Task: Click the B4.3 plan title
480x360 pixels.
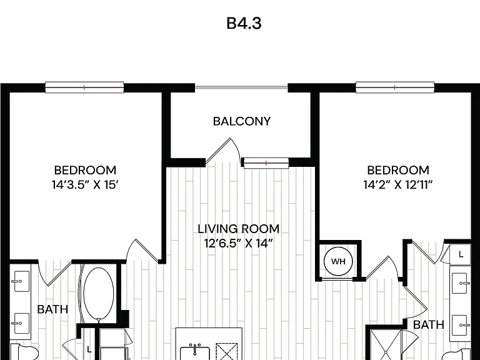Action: [x=244, y=23]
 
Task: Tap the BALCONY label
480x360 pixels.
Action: [x=242, y=121]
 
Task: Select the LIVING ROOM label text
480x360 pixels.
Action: [x=239, y=229]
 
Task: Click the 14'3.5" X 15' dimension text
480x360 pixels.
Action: [x=85, y=184]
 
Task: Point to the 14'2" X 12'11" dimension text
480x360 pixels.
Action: [x=398, y=184]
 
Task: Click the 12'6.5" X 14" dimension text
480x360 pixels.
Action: [x=239, y=243]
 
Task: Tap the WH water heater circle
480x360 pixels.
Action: [x=338, y=261]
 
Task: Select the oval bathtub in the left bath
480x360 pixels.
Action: [x=99, y=294]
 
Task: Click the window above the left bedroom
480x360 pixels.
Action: [x=84, y=87]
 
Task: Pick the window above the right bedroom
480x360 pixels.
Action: [x=395, y=87]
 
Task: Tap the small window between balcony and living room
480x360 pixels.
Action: [x=266, y=163]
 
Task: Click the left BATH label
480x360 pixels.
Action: [x=52, y=309]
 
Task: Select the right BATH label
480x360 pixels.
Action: [x=429, y=324]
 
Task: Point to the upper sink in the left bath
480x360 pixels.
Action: [x=21, y=281]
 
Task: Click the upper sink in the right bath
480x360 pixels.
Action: [x=460, y=283]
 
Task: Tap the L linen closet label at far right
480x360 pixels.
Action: [x=461, y=254]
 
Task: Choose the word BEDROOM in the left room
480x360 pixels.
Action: [x=85, y=170]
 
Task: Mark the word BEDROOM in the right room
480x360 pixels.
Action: [x=398, y=170]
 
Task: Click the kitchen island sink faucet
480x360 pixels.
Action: [x=195, y=347]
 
